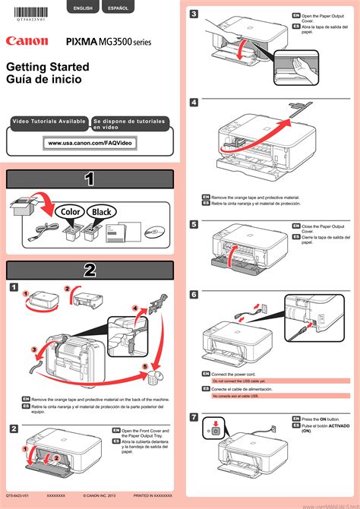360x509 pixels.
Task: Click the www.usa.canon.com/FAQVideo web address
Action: pyautogui.click(x=90, y=143)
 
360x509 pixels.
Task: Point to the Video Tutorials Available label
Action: pyautogui.click(x=48, y=122)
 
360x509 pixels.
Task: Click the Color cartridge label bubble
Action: pyautogui.click(x=68, y=212)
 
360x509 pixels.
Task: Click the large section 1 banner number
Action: pyautogui.click(x=90, y=179)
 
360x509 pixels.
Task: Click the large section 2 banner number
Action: pyautogui.click(x=90, y=270)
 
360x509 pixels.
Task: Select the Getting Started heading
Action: pyautogui.click(x=47, y=68)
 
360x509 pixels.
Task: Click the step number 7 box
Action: pyautogui.click(x=194, y=417)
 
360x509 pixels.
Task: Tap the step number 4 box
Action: pyautogui.click(x=194, y=102)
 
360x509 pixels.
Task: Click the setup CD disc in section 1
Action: pyautogui.click(x=152, y=231)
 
